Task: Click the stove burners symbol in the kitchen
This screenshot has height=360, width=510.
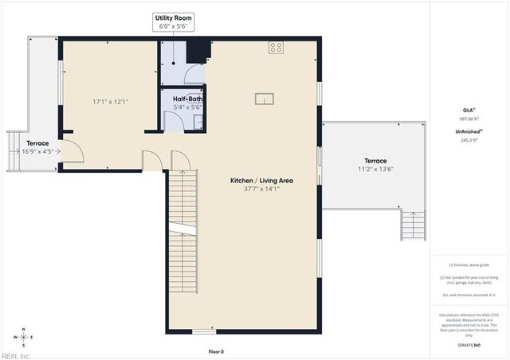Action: click(x=277, y=48)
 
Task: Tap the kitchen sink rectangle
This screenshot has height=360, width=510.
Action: click(x=264, y=99)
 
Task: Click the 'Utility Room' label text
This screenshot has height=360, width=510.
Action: click(x=173, y=18)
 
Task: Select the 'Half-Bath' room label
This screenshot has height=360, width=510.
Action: click(x=187, y=100)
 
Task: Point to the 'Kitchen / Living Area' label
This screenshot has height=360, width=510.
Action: click(x=261, y=181)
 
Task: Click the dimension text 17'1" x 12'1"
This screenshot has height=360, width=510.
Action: click(x=110, y=101)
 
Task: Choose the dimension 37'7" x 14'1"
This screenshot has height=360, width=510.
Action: click(x=261, y=190)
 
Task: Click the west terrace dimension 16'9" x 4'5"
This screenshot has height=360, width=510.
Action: click(x=30, y=151)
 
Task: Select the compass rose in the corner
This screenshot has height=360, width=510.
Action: click(x=24, y=337)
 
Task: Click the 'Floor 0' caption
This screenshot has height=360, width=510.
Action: click(x=216, y=351)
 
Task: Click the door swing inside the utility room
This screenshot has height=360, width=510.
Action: click(x=194, y=76)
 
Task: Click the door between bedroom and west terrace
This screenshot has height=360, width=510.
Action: click(x=70, y=151)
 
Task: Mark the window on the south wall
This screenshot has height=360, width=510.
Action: click(x=203, y=331)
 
